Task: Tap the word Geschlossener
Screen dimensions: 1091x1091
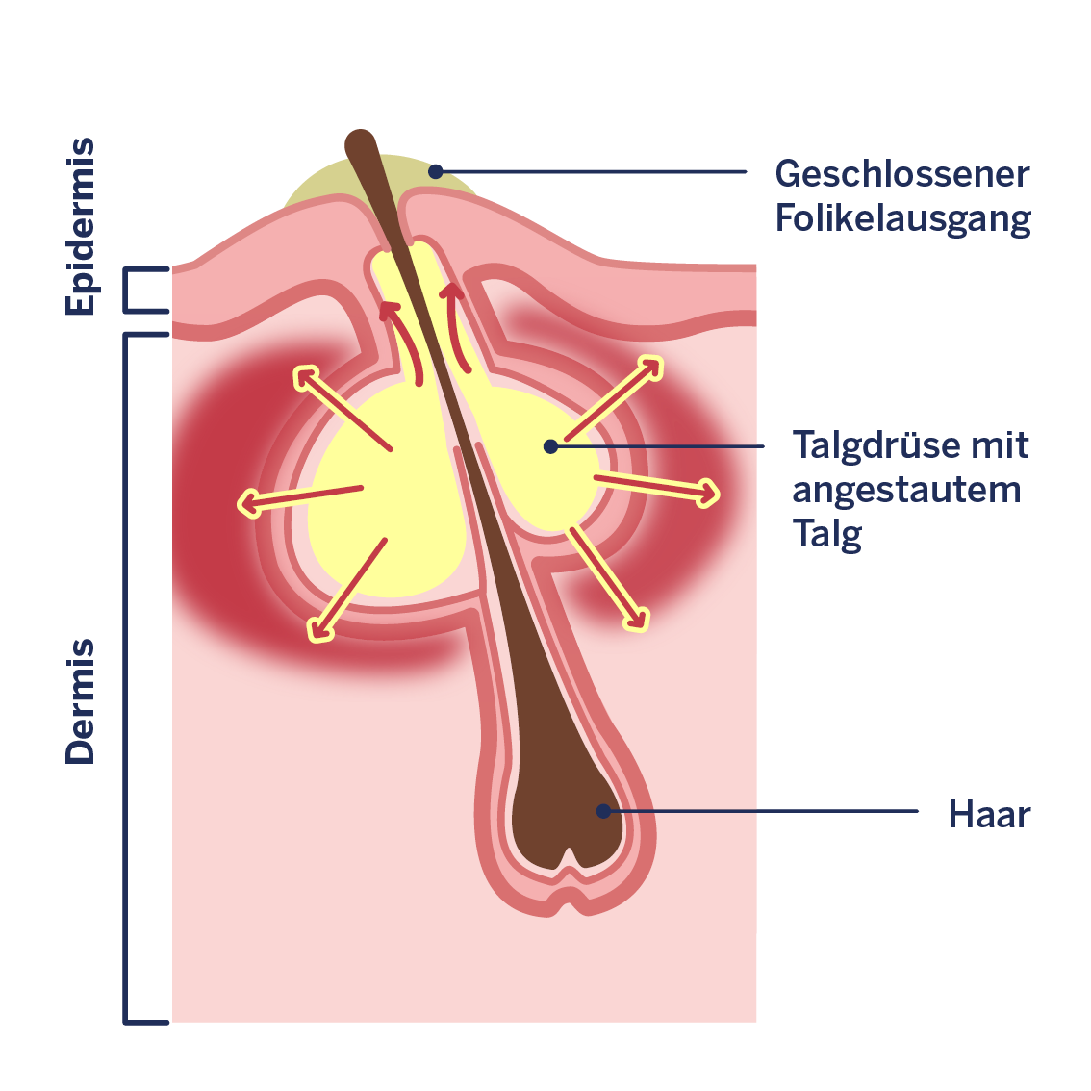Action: (901, 174)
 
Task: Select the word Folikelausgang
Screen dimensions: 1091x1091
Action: (902, 219)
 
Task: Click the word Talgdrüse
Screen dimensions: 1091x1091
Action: (876, 445)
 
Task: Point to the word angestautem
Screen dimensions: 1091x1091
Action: (906, 492)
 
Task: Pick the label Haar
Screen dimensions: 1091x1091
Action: (989, 814)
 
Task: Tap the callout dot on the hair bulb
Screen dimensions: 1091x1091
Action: (603, 811)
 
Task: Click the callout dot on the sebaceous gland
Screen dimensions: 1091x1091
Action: (550, 446)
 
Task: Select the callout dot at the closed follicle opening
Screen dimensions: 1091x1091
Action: (436, 171)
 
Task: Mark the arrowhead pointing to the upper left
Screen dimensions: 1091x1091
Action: (305, 378)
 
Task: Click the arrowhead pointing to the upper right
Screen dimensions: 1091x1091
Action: (649, 368)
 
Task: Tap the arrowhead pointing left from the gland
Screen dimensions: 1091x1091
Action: (250, 504)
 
